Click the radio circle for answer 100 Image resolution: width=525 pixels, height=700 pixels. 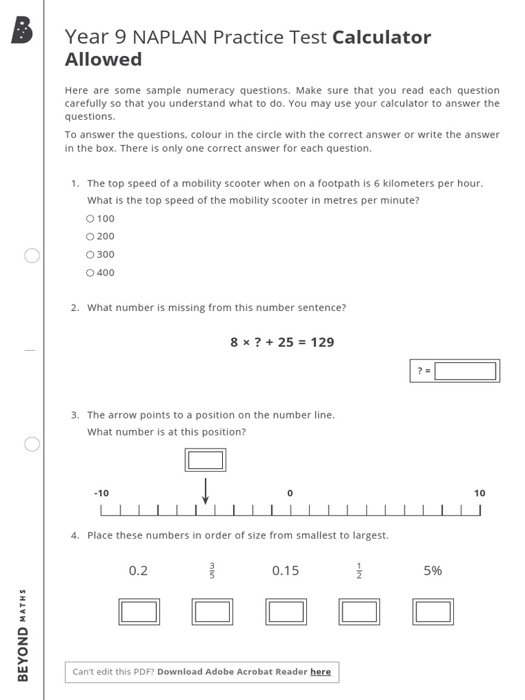tap(90, 219)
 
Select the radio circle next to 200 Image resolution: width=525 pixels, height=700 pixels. tap(90, 237)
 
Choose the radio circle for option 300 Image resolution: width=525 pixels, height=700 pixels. tap(90, 254)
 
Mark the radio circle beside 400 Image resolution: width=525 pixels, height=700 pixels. tap(90, 273)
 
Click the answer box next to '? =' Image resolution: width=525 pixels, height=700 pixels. tap(465, 371)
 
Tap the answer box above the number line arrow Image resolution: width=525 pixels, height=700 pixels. tap(205, 460)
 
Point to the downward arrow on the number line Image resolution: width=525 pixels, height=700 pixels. tap(205, 491)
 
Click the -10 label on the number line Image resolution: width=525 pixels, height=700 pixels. tap(101, 493)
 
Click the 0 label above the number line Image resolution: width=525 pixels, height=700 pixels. tap(290, 493)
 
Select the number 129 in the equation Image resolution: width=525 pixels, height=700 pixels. tap(322, 342)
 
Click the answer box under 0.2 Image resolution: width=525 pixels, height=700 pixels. tap(139, 612)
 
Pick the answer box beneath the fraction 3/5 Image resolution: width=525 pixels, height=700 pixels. tap(213, 612)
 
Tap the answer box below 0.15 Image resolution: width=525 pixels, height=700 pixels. tap(286, 612)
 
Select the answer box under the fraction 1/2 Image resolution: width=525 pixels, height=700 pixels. tap(360, 612)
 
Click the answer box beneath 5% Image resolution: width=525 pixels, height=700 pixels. tap(433, 612)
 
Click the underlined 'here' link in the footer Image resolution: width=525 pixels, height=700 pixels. tap(321, 672)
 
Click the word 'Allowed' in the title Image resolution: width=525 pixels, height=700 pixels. tap(103, 59)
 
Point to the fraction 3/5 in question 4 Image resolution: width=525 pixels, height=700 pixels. tap(212, 570)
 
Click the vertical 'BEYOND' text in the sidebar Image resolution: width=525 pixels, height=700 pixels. tap(23, 654)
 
